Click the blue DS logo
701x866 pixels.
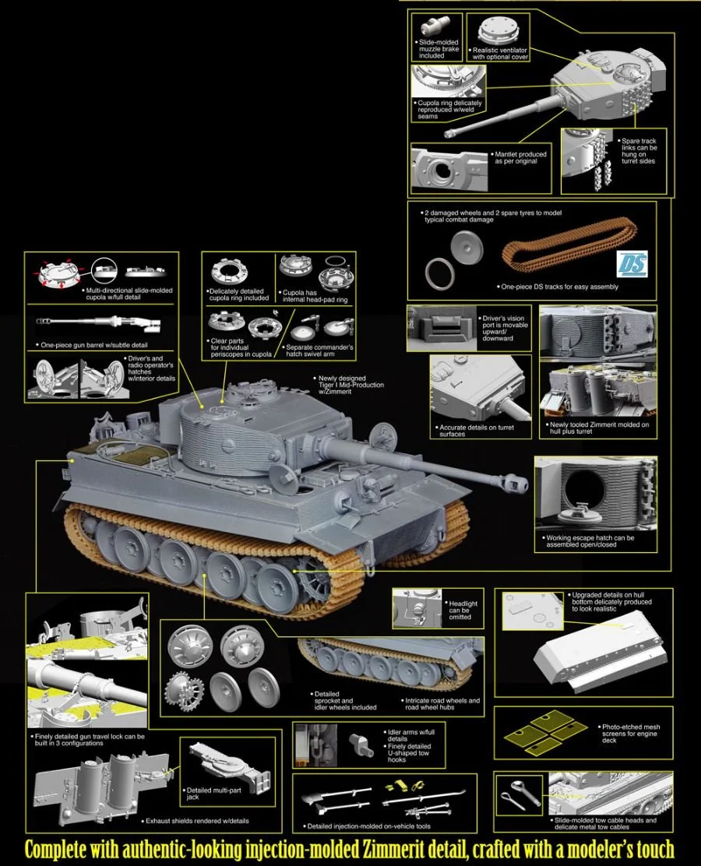(636, 264)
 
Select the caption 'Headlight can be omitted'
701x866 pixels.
(463, 610)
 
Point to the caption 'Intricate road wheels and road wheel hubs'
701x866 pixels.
(442, 704)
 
